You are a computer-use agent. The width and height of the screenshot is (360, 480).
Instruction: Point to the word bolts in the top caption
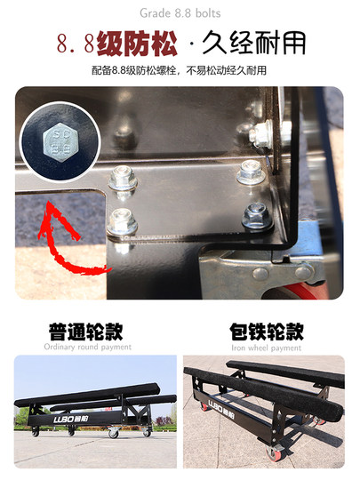coord(206,12)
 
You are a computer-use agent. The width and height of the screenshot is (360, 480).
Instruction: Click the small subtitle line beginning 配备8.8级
coord(180,70)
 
